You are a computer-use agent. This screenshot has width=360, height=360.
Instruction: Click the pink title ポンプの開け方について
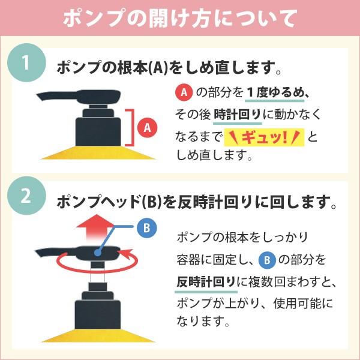[180, 18]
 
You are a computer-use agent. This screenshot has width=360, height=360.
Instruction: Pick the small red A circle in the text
[184, 92]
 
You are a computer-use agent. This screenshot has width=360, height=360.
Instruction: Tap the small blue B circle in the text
[267, 259]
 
